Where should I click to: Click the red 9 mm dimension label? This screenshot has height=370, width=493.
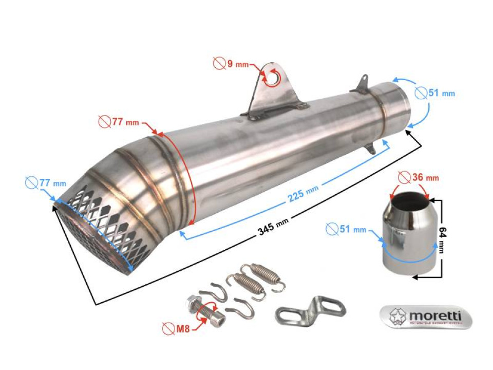(237, 64)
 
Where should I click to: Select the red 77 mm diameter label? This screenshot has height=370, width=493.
(125, 122)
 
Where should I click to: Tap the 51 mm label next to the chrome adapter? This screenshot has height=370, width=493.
(353, 229)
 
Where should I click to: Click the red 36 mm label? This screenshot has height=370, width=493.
(425, 178)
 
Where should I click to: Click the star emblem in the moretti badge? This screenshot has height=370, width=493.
(396, 316)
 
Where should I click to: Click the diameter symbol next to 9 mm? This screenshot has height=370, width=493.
(220, 64)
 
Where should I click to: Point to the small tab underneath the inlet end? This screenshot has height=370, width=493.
(373, 147)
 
